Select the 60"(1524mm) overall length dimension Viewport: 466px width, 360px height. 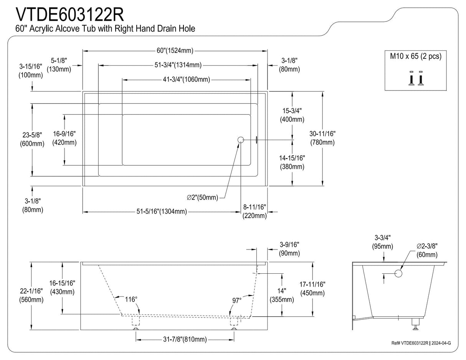(x=175, y=51)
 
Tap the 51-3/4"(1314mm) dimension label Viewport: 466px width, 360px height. (x=178, y=65)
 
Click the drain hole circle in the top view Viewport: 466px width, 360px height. (x=241, y=140)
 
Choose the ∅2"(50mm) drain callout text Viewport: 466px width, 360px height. (x=202, y=198)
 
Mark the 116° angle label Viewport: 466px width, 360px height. (x=131, y=299)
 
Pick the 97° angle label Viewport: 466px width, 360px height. (x=237, y=300)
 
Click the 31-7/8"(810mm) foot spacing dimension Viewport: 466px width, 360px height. (x=185, y=339)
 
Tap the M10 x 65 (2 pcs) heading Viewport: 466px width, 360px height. (x=416, y=56)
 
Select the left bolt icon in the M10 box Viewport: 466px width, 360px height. (x=411, y=78)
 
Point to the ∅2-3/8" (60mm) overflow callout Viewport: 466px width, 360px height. (x=427, y=251)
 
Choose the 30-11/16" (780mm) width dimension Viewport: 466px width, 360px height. (x=322, y=138)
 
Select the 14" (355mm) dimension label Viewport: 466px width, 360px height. (x=282, y=296)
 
